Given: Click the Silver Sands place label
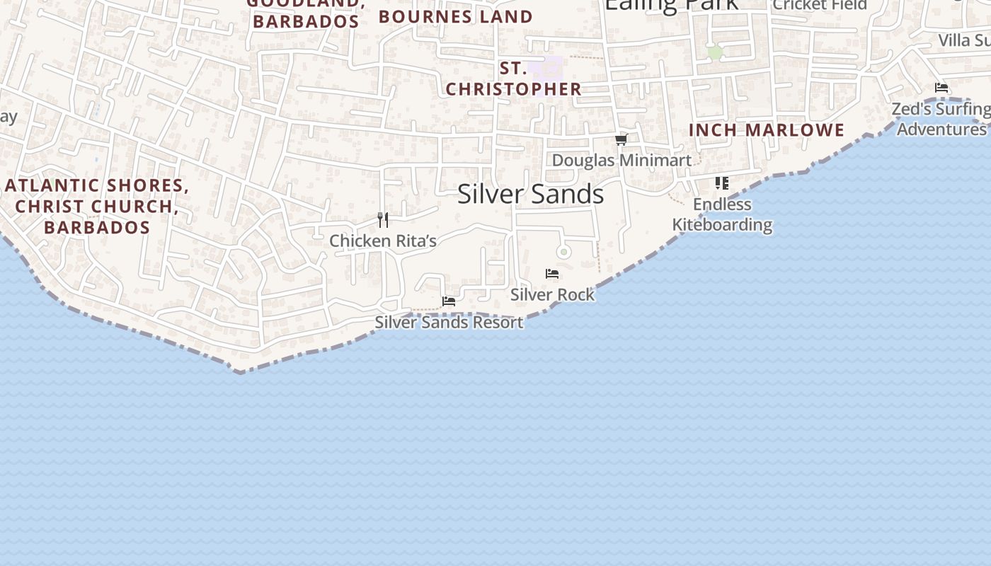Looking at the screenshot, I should [530, 194].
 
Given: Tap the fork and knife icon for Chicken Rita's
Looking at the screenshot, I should [383, 220].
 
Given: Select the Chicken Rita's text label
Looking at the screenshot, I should [383, 241].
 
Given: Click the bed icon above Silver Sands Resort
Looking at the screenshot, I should [448, 301].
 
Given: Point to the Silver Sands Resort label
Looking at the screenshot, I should [449, 322].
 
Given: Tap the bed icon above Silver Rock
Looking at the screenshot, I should [552, 274].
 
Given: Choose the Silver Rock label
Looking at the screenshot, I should [552, 294].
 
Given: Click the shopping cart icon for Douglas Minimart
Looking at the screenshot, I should [621, 139].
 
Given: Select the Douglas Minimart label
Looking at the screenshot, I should [621, 160].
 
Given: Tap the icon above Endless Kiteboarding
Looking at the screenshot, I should [721, 183].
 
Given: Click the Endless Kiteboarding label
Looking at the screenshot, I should [722, 214].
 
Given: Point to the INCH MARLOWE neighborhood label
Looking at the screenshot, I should [767, 130].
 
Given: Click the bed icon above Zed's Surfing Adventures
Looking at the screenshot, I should [941, 88].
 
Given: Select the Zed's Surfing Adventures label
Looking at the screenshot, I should [941, 119].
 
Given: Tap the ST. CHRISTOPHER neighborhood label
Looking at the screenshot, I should [513, 79].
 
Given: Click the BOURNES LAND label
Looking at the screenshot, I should [456, 16].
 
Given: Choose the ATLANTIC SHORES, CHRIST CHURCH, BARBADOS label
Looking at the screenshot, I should [97, 206].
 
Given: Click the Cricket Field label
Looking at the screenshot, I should [820, 5].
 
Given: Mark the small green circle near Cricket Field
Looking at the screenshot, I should [715, 52].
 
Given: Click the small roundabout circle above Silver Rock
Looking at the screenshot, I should [563, 252].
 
